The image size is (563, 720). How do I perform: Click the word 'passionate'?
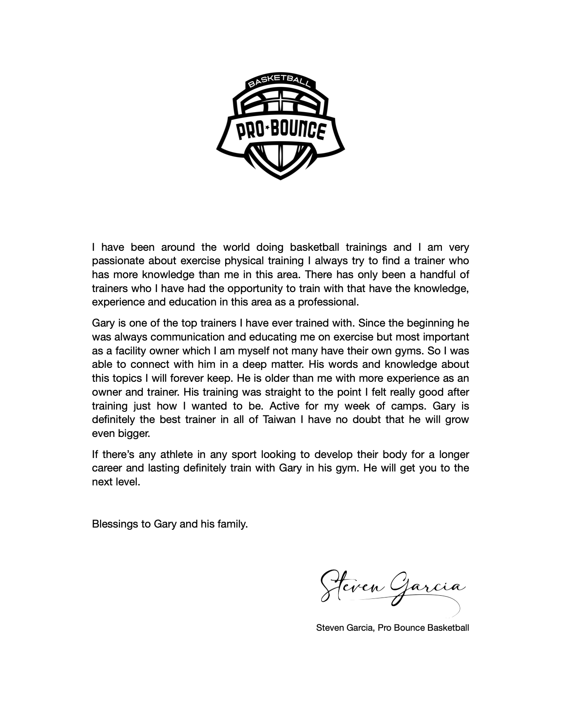point(118,261)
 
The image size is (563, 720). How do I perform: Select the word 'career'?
point(107,468)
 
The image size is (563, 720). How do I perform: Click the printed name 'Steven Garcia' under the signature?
point(344,628)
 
